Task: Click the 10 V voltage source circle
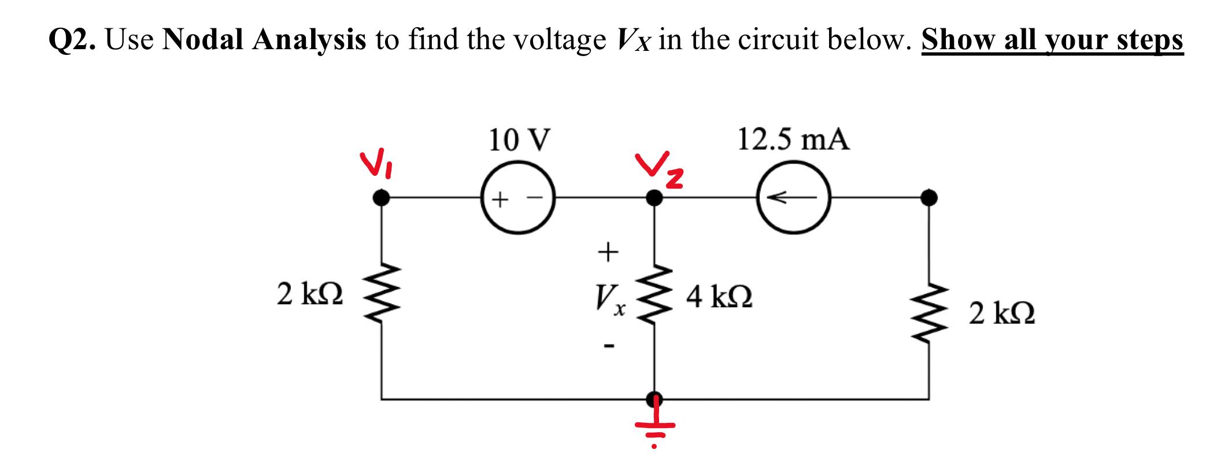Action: click(x=517, y=198)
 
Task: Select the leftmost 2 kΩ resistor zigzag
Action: click(x=380, y=297)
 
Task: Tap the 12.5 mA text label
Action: click(x=793, y=140)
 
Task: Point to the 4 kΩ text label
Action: click(x=719, y=298)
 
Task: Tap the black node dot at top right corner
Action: click(x=928, y=198)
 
